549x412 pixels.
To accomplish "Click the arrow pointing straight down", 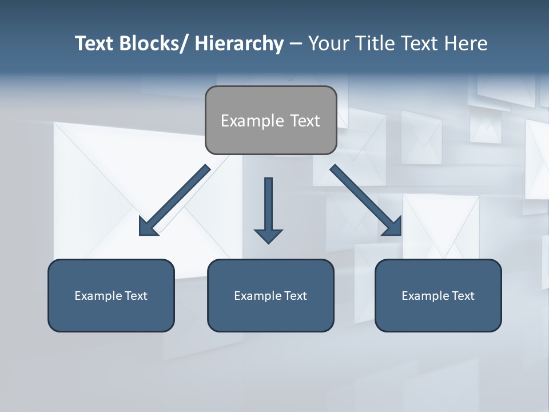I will coord(268,206).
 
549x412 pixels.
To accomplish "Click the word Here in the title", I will coord(466,43).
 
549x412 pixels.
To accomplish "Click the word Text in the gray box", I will coord(304,121).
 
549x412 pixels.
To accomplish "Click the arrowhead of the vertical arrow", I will coord(268,236).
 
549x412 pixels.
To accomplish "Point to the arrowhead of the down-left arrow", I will coord(147,228).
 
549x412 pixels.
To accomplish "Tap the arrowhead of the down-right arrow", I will coord(393,227).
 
